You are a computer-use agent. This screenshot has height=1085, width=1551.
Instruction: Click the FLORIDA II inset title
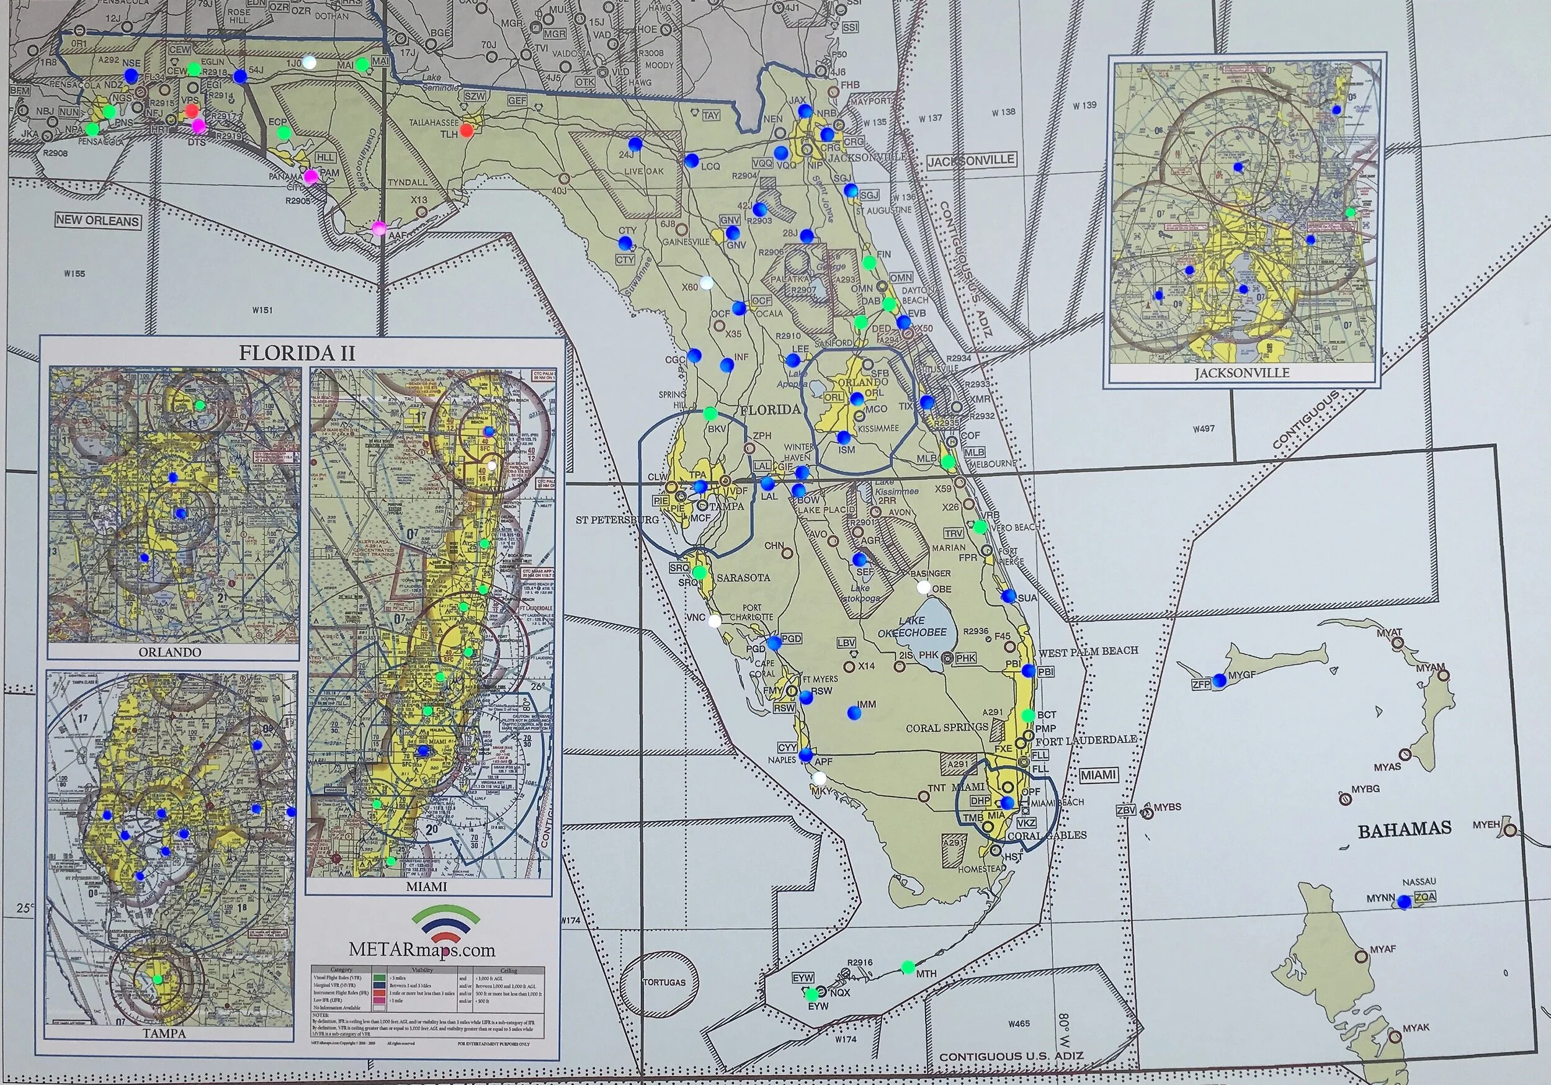(x=297, y=352)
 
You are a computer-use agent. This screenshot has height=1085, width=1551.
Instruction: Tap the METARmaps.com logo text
(x=422, y=949)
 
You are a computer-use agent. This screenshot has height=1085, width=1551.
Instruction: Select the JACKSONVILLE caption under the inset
(x=1241, y=373)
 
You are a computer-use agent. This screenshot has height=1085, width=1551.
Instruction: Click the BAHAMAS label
(x=1405, y=829)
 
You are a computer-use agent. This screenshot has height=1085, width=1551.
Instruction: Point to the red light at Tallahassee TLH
(x=466, y=129)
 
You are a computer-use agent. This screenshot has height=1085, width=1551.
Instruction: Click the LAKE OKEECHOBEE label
(x=912, y=627)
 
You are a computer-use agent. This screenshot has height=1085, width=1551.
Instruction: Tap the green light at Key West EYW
(x=812, y=994)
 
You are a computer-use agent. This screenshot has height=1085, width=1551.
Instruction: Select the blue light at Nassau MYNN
(x=1405, y=901)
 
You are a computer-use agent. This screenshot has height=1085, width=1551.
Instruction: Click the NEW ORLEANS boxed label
(x=98, y=220)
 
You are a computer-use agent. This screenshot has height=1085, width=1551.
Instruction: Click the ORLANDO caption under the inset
(x=169, y=652)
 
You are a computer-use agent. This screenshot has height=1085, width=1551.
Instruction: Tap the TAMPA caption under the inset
(x=164, y=1033)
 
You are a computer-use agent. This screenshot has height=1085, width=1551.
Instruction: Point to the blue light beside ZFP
(x=1219, y=681)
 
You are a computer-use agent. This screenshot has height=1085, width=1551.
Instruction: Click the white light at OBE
(x=923, y=587)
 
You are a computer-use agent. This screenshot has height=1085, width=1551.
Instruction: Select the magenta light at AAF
(x=379, y=227)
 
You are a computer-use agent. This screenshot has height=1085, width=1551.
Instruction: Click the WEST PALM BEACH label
(x=1088, y=651)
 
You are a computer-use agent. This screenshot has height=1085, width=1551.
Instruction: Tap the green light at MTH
(x=908, y=968)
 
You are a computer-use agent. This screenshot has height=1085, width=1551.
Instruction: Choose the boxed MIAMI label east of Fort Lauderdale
(x=1097, y=775)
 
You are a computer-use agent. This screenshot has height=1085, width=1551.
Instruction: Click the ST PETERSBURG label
(x=617, y=519)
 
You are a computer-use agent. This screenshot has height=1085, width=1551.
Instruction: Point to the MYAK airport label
(x=1416, y=1027)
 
